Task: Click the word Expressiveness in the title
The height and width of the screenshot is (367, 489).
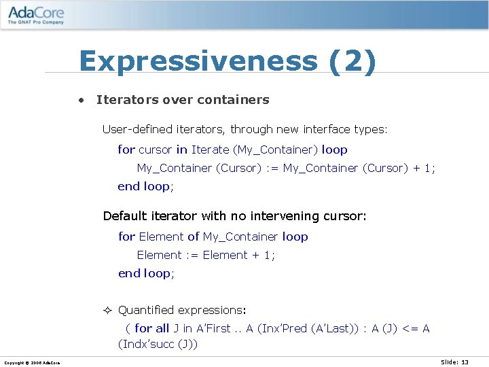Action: (198, 61)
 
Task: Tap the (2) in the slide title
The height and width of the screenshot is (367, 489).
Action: (352, 61)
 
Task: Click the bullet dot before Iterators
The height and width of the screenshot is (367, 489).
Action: (81, 100)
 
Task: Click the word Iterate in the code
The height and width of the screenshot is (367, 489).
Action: (211, 150)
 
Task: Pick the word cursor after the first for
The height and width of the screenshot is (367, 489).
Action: (156, 150)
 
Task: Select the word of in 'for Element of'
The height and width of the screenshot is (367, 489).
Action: (194, 237)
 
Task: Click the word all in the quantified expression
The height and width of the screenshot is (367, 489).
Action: (162, 328)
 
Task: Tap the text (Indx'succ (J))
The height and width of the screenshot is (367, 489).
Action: (158, 344)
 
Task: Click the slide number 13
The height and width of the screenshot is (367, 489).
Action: (465, 362)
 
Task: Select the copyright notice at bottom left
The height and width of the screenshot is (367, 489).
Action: (31, 362)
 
